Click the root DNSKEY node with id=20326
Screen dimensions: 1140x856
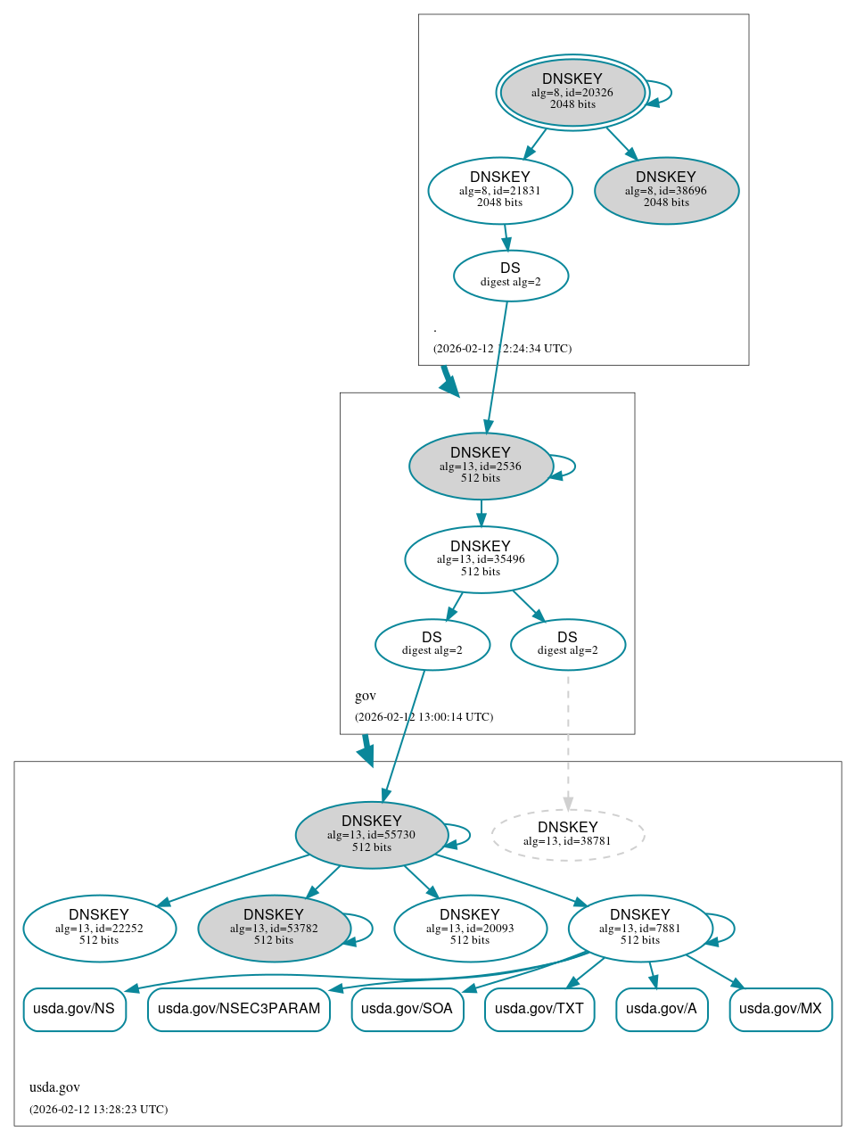(572, 92)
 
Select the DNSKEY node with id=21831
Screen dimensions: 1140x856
(500, 190)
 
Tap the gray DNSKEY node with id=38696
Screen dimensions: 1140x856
(666, 190)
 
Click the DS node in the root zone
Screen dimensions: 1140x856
(511, 276)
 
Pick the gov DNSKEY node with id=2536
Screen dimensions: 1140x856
(481, 466)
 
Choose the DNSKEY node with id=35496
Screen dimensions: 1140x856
(481, 559)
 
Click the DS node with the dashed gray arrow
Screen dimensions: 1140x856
(568, 644)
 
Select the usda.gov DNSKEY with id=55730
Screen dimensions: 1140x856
(372, 835)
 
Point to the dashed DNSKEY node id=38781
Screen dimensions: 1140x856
(568, 835)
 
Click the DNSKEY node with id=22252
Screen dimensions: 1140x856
(99, 929)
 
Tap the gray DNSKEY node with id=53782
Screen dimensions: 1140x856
(274, 929)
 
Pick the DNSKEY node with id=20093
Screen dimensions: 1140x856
(470, 929)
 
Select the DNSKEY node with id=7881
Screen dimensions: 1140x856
(640, 929)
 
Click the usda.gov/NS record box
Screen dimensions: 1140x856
(74, 1009)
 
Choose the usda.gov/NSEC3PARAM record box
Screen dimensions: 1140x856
(239, 1009)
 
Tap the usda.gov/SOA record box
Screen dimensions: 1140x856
(407, 1009)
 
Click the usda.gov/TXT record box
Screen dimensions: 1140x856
(539, 1009)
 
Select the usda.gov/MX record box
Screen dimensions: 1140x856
(780, 1009)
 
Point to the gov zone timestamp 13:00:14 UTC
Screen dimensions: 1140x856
(424, 717)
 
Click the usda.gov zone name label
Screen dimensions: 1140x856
(54, 1087)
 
